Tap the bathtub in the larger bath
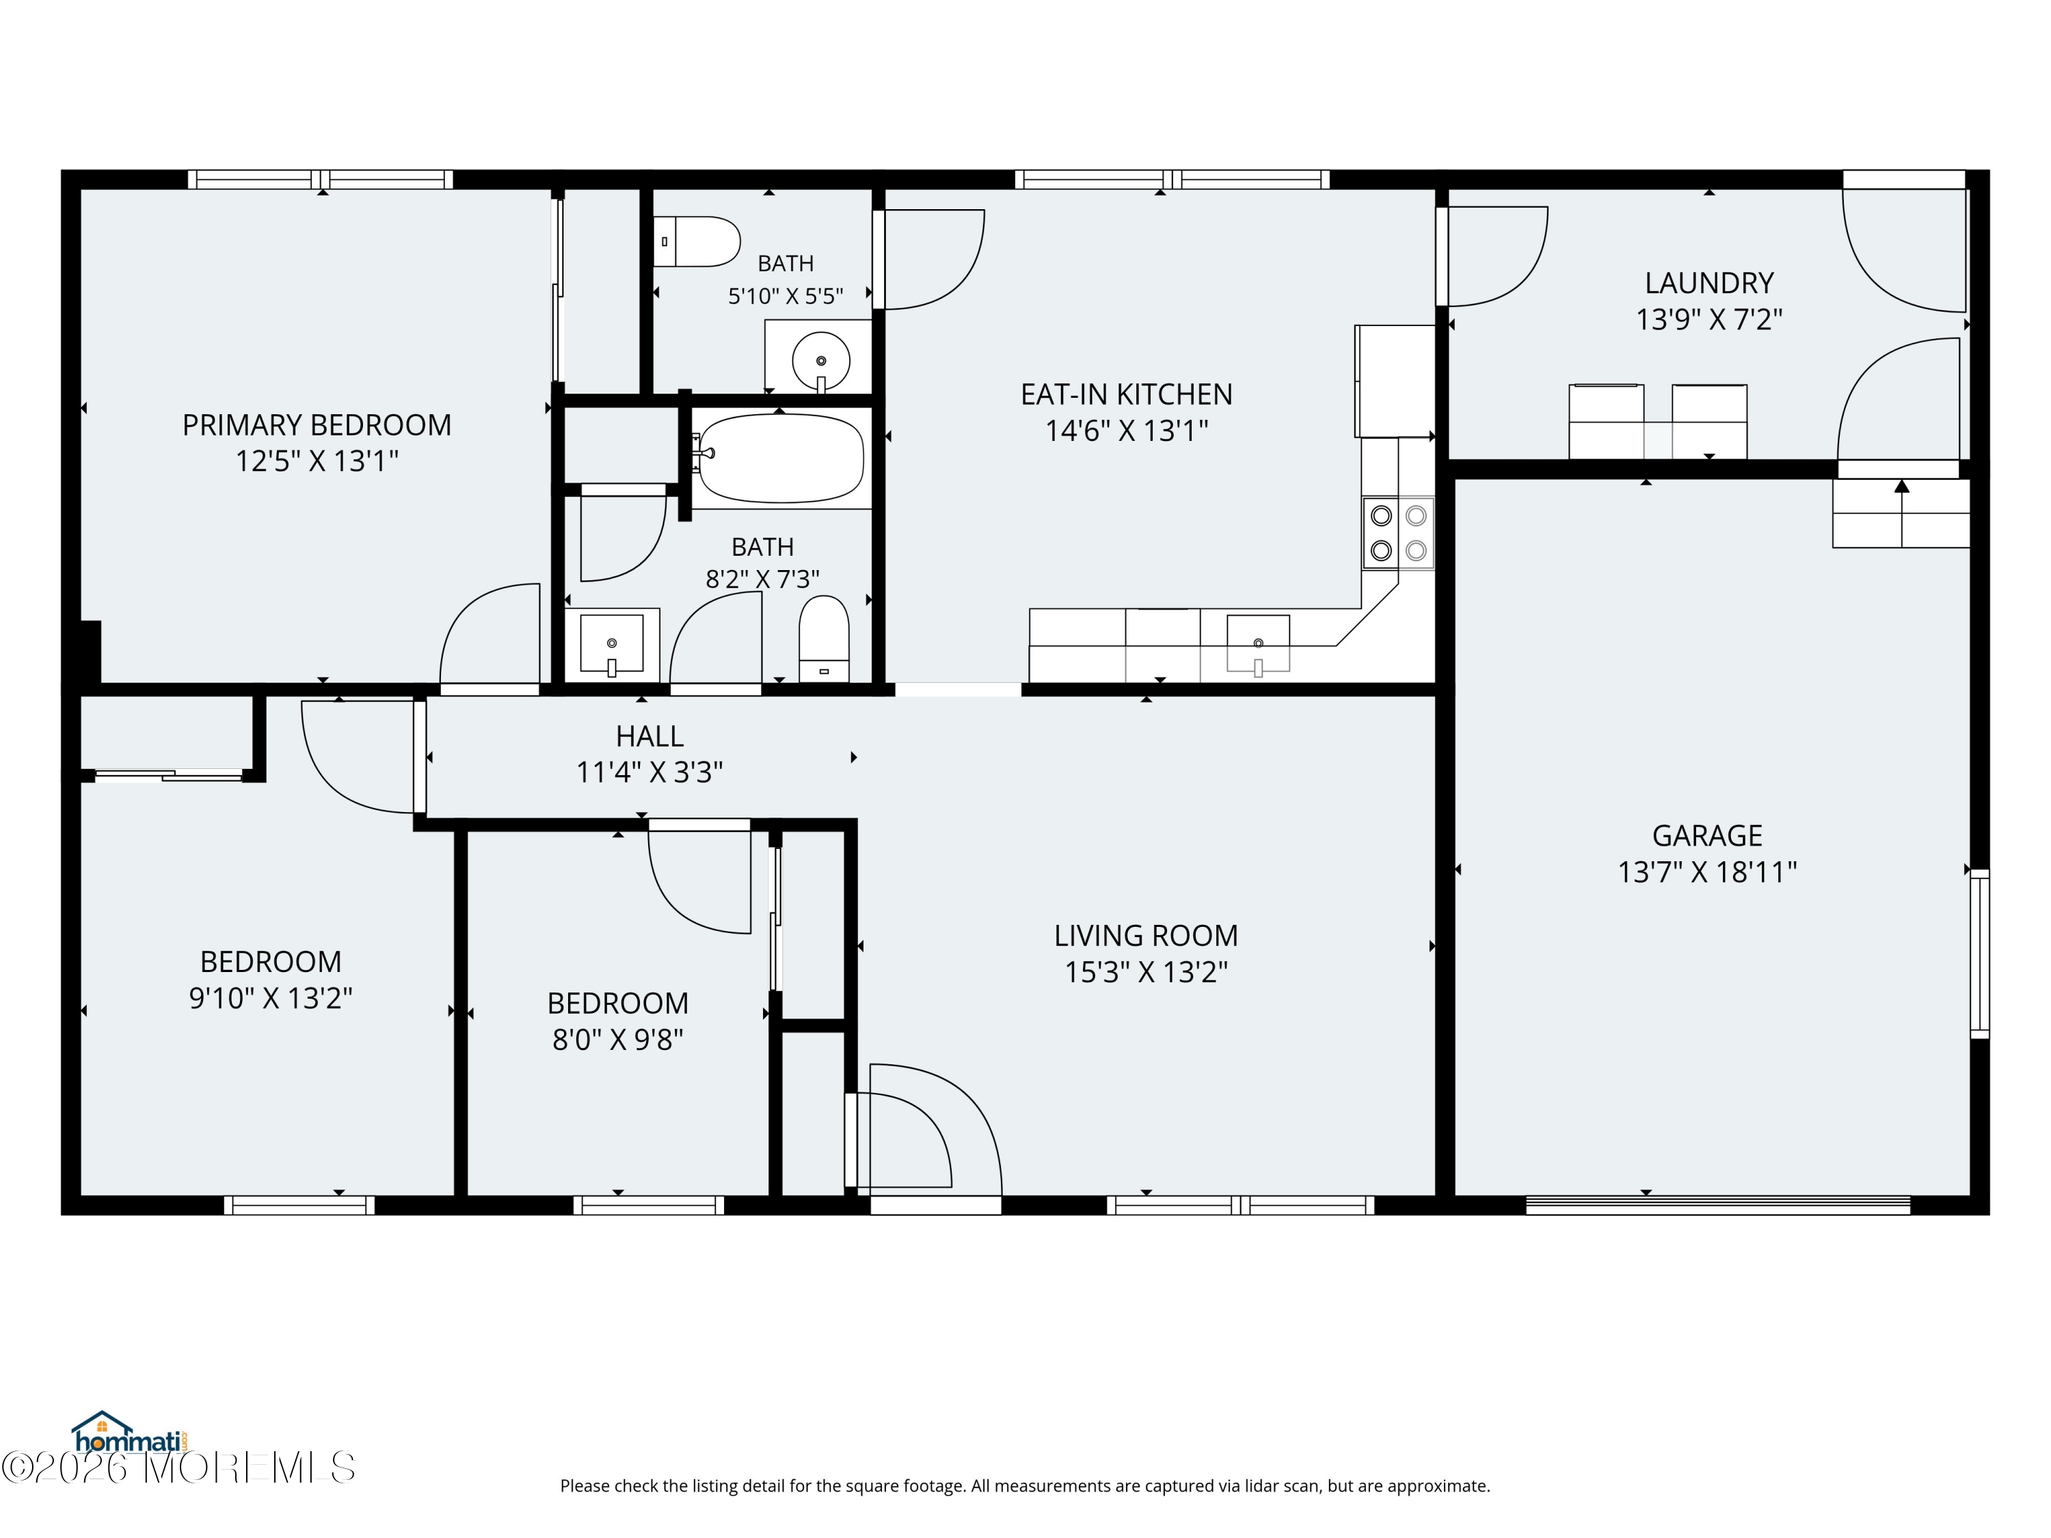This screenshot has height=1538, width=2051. (781, 458)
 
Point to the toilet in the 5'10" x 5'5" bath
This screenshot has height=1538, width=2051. (697, 242)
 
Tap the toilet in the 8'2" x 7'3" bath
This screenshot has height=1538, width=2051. (823, 638)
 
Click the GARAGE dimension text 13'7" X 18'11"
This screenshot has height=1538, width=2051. (1707, 872)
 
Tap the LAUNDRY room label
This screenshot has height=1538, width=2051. (1709, 283)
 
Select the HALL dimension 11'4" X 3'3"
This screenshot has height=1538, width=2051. (649, 772)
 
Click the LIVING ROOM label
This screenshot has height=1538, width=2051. (1146, 935)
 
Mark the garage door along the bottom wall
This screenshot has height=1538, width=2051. (1718, 1205)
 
